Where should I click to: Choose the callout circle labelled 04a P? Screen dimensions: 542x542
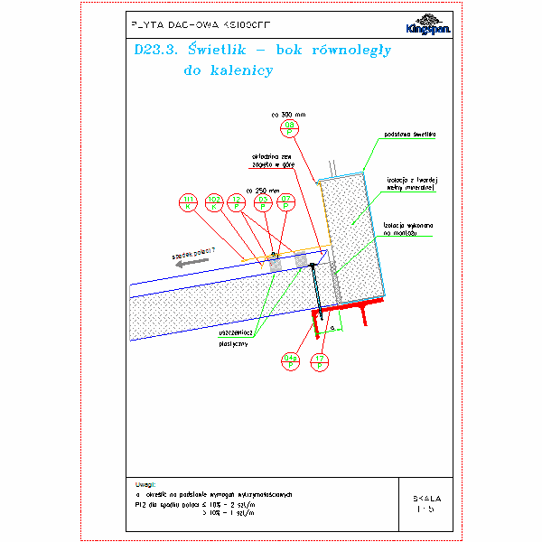pyautogui.click(x=291, y=362)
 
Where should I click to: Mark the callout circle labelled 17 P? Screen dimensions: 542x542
pyautogui.click(x=318, y=362)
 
